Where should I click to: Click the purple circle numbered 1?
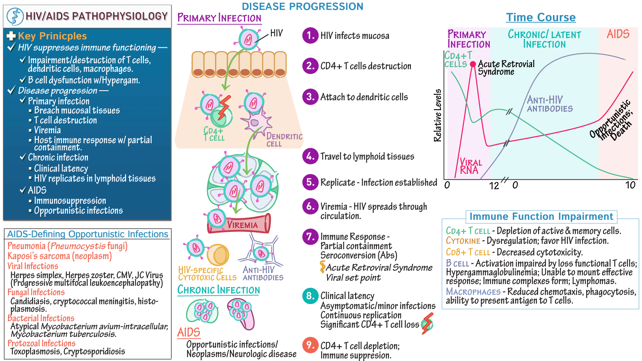[x=311, y=36]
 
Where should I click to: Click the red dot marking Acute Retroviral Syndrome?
[x=473, y=64]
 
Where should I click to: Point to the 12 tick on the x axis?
[x=494, y=186]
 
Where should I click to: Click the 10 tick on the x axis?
[x=630, y=185]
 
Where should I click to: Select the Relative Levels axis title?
[x=437, y=116]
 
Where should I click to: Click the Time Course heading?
[x=540, y=17]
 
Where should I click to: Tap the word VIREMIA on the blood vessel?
[x=242, y=225]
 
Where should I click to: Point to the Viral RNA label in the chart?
[x=471, y=166]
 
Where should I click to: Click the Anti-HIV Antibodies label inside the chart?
[x=550, y=104]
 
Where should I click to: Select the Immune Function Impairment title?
[x=541, y=217]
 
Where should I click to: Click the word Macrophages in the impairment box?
[x=473, y=292]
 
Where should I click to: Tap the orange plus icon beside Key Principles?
[x=11, y=36]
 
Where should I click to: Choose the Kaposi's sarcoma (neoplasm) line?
[x=60, y=256]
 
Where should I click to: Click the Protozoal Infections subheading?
[x=42, y=343]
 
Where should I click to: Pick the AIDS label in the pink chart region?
[x=618, y=34]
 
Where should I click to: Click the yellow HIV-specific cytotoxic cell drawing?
[x=218, y=255]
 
